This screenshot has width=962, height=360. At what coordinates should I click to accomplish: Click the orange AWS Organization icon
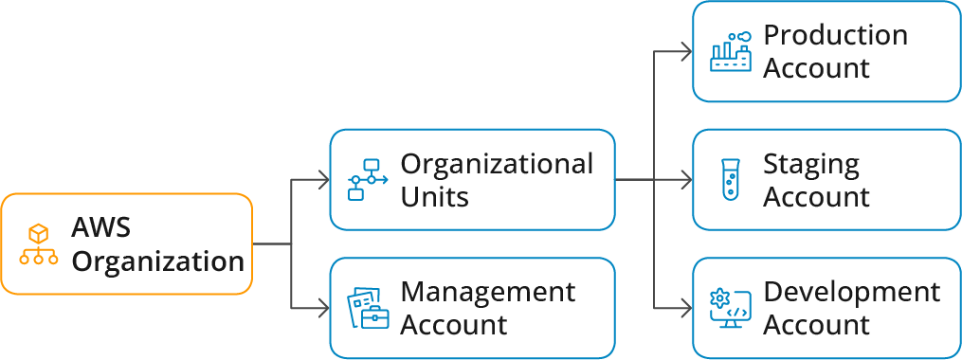point(39,244)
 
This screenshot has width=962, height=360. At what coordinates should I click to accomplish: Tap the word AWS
point(100,228)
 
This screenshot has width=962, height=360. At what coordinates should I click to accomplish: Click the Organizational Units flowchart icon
point(364,180)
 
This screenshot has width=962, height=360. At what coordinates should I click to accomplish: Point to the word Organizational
point(497,164)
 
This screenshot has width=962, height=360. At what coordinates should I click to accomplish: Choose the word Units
point(434,197)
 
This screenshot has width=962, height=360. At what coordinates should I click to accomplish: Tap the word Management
point(487,293)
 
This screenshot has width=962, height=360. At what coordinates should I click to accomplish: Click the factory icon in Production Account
point(731,52)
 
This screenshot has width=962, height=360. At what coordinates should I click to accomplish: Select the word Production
point(835,36)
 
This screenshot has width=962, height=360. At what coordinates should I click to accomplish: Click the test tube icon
point(730,180)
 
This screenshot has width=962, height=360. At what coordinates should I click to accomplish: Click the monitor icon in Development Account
point(730,309)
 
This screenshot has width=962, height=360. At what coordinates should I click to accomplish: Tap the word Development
point(851,293)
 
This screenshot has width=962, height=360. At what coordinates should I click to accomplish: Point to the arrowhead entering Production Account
point(687,51)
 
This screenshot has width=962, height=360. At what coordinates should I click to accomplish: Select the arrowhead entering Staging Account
point(687,180)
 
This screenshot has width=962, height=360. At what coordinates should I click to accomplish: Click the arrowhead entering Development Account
point(687,309)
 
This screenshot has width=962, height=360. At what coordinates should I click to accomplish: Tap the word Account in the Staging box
point(816,197)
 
